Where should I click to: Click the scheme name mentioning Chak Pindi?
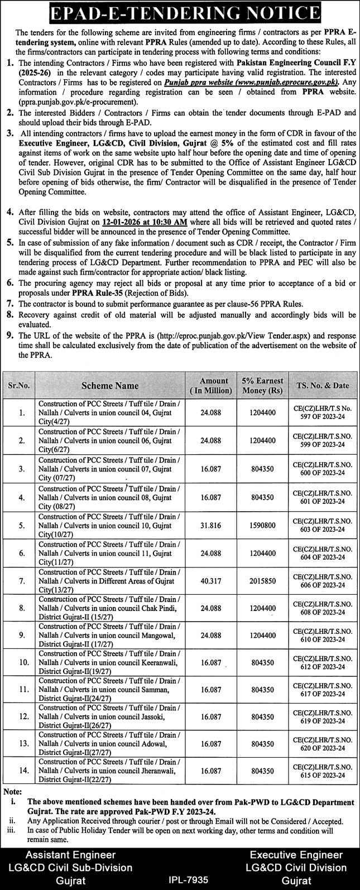(x=109, y=609)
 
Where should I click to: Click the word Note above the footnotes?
(x=12, y=792)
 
